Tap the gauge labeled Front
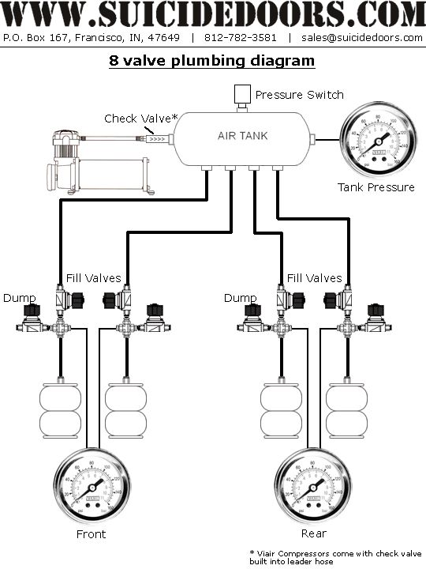click(92, 484)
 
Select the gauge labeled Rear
click(313, 484)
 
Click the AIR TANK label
click(242, 136)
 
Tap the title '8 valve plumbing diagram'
click(211, 61)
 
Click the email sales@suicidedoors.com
click(361, 37)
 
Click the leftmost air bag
click(60, 410)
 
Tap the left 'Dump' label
click(19, 298)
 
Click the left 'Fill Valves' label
click(93, 278)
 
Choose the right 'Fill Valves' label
click(314, 278)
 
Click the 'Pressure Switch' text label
click(299, 95)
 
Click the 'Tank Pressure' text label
click(376, 187)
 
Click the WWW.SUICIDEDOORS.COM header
click(213, 14)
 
